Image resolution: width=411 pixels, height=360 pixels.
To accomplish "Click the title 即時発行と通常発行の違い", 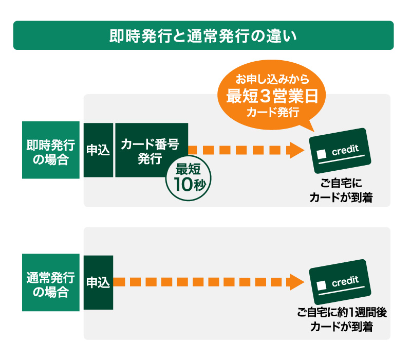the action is pyautogui.click(x=203, y=36).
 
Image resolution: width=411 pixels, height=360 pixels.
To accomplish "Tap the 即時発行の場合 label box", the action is pyautogui.click(x=51, y=150).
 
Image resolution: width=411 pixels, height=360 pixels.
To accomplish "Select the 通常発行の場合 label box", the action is pyautogui.click(x=51, y=282).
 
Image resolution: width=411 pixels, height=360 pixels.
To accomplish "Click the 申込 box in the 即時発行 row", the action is pyautogui.click(x=98, y=150).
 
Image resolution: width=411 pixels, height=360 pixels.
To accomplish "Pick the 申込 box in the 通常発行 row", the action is pyautogui.click(x=98, y=282).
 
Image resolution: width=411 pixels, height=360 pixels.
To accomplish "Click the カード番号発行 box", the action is pyautogui.click(x=152, y=150).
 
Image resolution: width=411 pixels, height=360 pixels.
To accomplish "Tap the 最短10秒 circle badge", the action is pyautogui.click(x=189, y=178).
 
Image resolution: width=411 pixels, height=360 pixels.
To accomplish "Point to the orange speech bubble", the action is pyautogui.click(x=272, y=96).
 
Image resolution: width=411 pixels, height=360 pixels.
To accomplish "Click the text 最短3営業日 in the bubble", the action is pyautogui.click(x=272, y=96).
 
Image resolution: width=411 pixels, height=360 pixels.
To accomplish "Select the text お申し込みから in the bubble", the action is pyautogui.click(x=273, y=79).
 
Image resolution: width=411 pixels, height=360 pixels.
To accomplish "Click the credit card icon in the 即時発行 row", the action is pyautogui.click(x=340, y=151).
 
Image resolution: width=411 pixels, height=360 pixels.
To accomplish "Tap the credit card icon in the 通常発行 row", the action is pyautogui.click(x=340, y=282).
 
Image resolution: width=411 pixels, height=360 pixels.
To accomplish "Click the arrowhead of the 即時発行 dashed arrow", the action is pyautogui.click(x=296, y=150).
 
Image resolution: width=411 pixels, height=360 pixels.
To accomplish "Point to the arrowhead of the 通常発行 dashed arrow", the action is pyautogui.click(x=296, y=282).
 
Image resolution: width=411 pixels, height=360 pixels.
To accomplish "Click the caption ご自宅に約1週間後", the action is pyautogui.click(x=342, y=313).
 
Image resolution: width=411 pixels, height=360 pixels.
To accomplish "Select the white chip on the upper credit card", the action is pyautogui.click(x=322, y=154).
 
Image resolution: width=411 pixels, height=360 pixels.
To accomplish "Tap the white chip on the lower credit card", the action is pyautogui.click(x=322, y=285).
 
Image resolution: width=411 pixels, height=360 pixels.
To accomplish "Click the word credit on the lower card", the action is pyautogui.click(x=345, y=281).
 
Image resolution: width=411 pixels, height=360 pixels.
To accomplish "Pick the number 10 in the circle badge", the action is pyautogui.click(x=183, y=185).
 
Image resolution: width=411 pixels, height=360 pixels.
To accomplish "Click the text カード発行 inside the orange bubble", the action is pyautogui.click(x=273, y=112).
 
